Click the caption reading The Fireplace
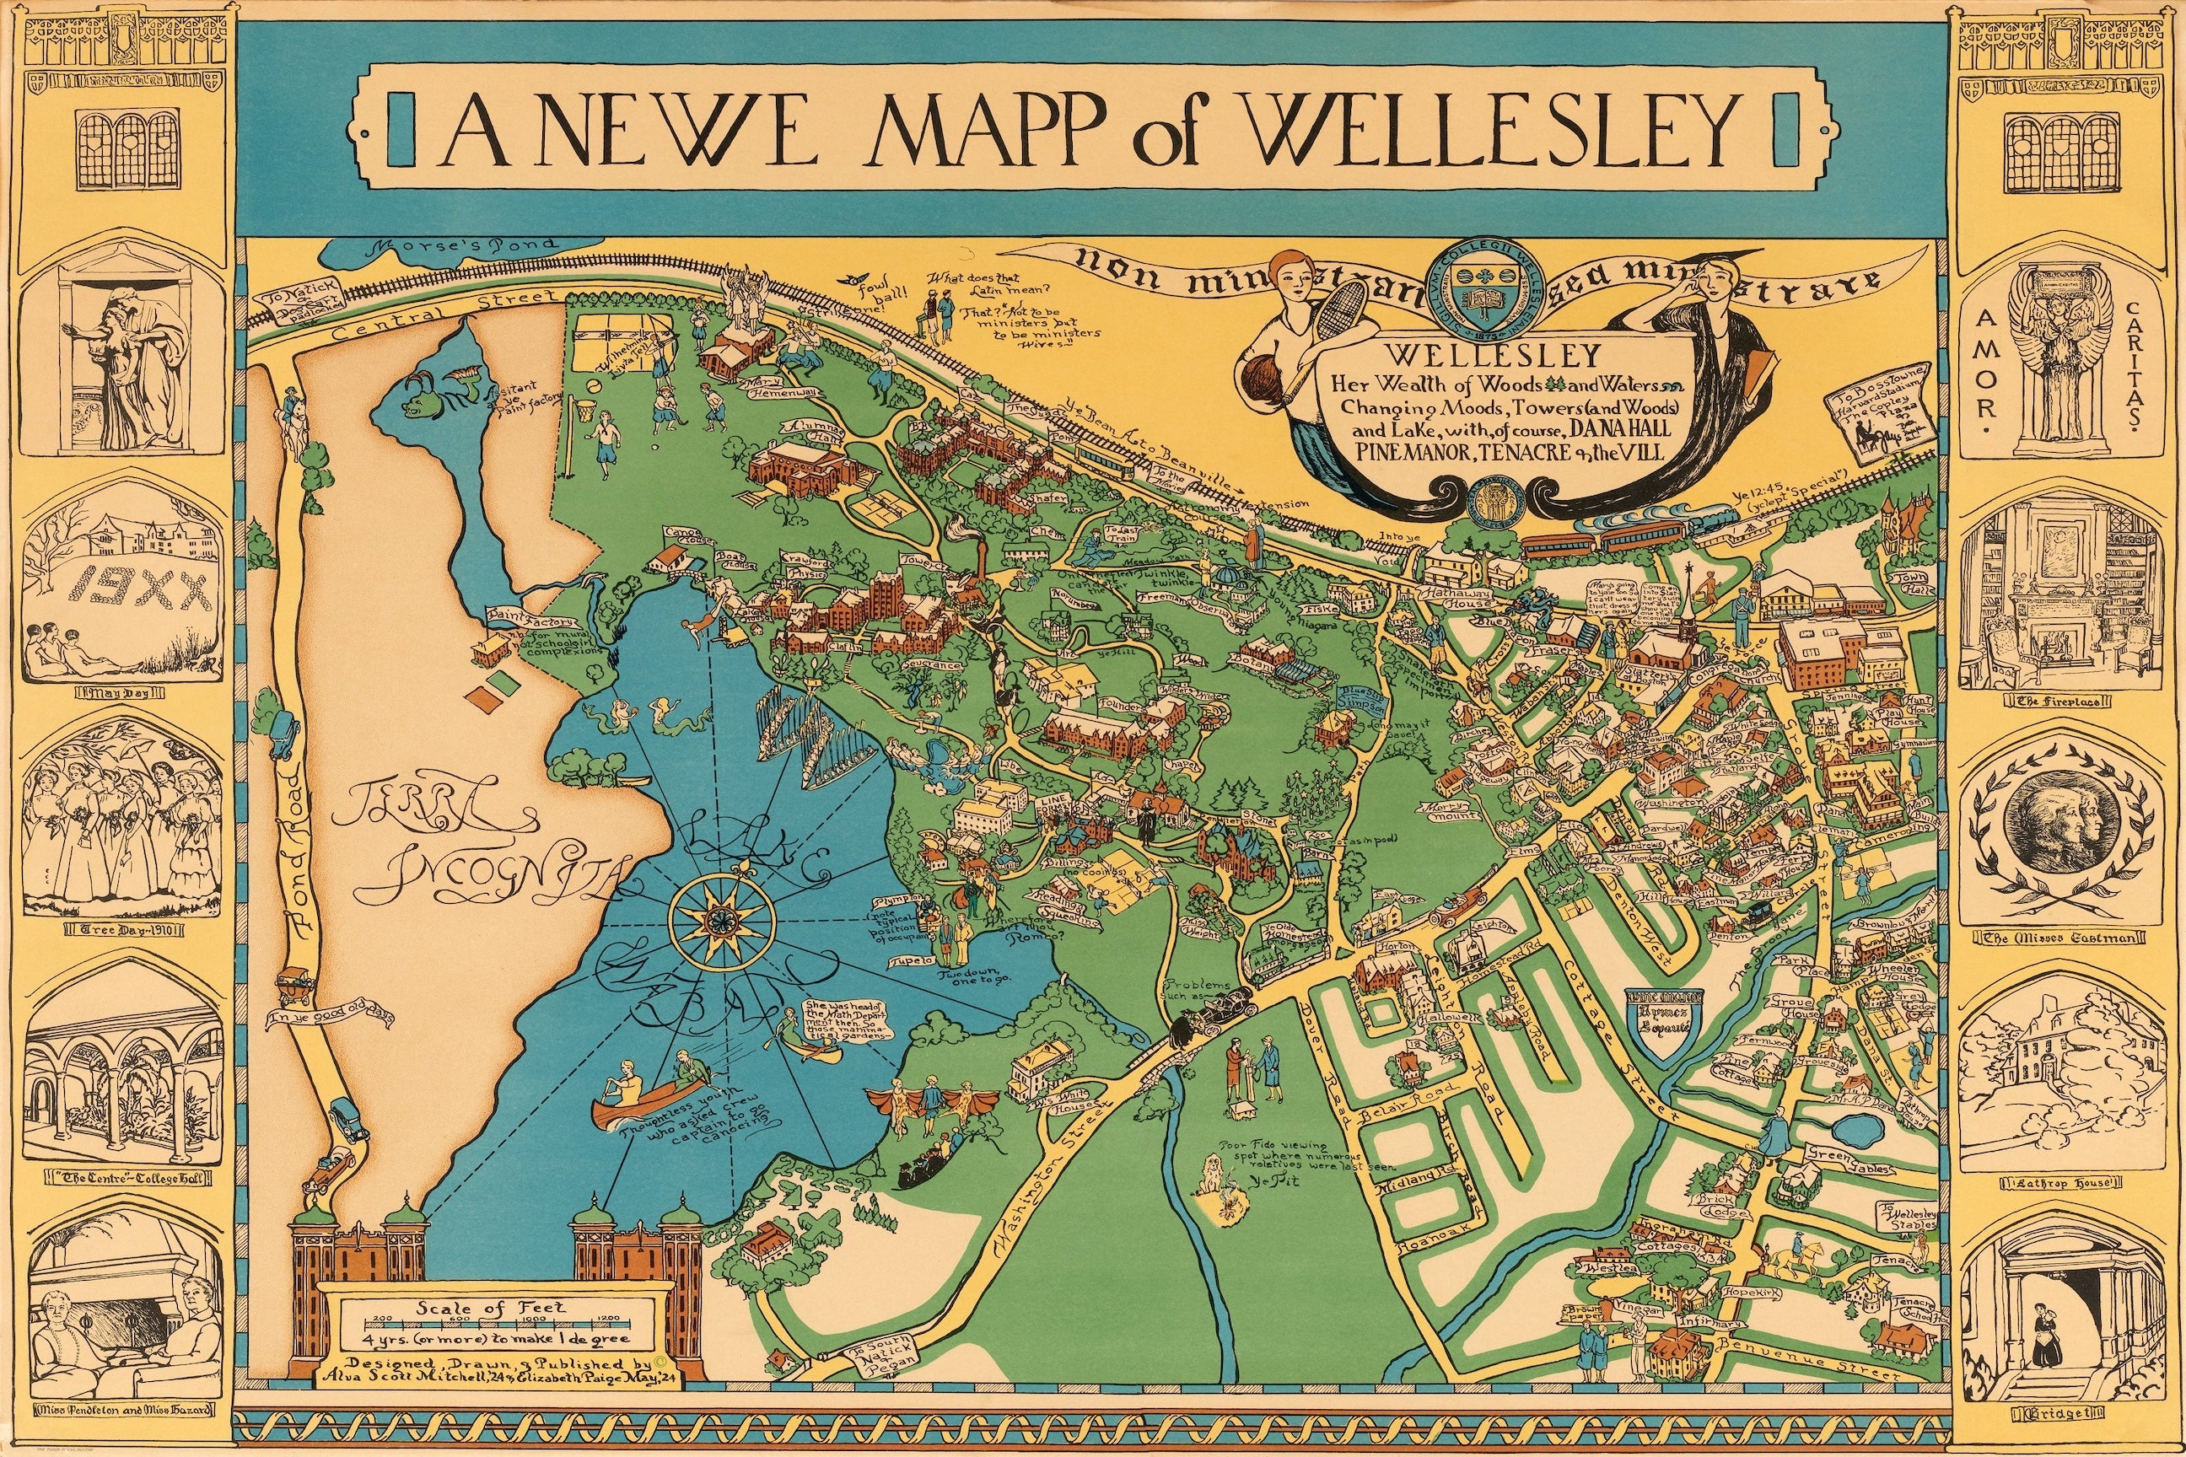point(2059,701)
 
